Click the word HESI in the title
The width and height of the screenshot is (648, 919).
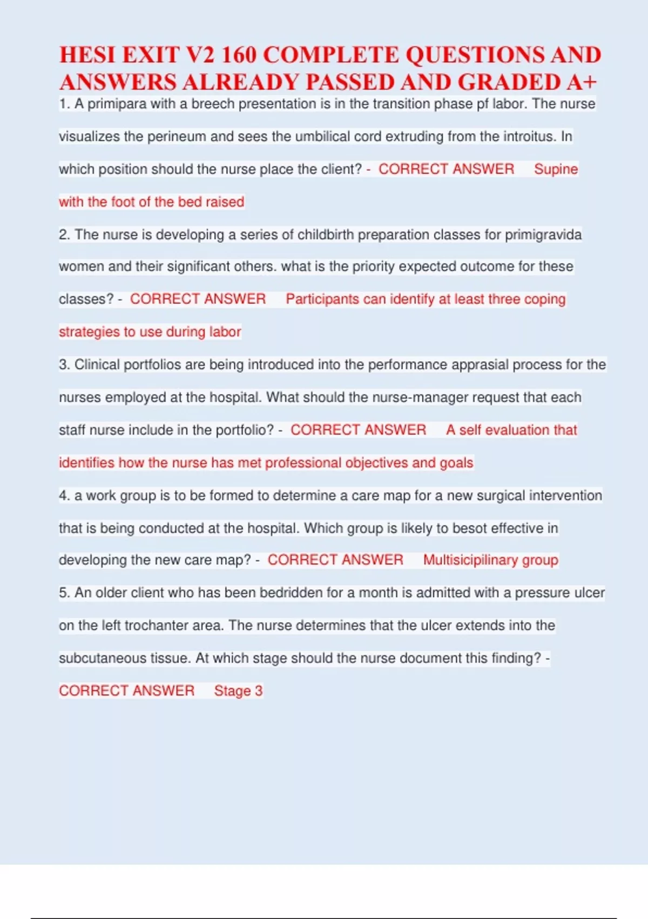point(87,55)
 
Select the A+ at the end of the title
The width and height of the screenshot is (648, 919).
point(582,82)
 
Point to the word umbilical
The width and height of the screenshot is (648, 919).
point(322,136)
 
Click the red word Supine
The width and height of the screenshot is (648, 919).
point(556,169)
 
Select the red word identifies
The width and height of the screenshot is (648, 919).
point(86,463)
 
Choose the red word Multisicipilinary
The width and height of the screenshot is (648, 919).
point(470,560)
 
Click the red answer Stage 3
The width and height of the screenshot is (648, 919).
point(238,691)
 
